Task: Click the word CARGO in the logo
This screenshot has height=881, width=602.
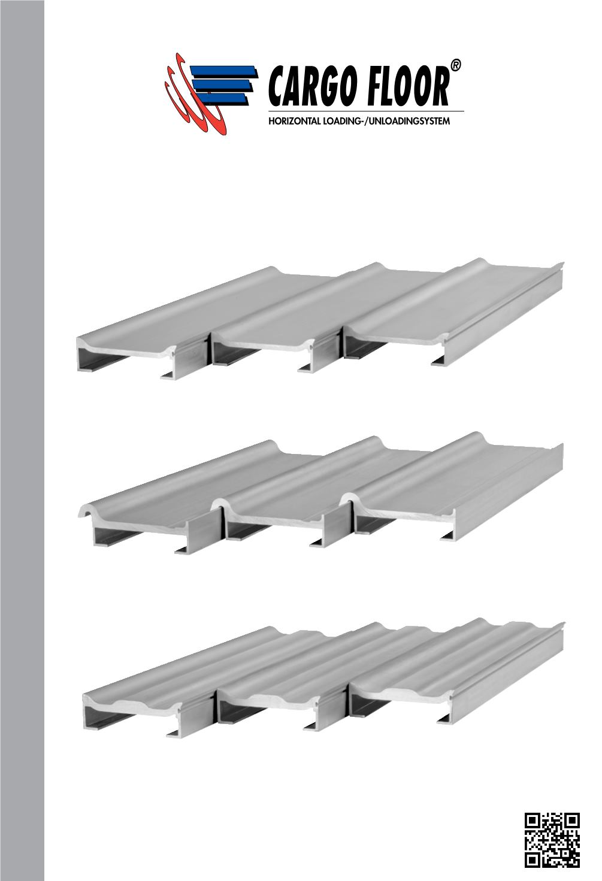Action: pos(313,86)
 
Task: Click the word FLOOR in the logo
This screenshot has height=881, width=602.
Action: pos(408,86)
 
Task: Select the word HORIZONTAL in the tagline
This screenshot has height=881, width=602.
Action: pos(295,121)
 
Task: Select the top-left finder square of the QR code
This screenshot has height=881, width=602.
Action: pos(533,821)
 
